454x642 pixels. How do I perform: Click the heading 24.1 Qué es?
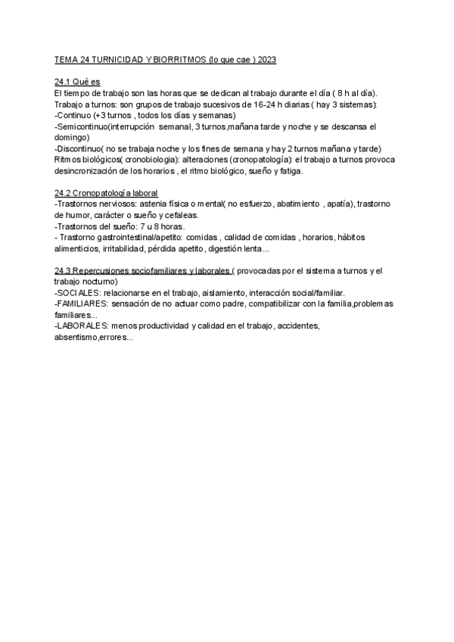click(x=77, y=81)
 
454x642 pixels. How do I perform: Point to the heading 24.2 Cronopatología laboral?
click(x=106, y=193)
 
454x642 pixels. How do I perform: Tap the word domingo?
click(x=71, y=137)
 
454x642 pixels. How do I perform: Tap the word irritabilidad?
click(x=126, y=249)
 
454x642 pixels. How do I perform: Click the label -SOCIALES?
click(x=79, y=292)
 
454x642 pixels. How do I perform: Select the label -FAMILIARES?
click(x=82, y=304)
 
